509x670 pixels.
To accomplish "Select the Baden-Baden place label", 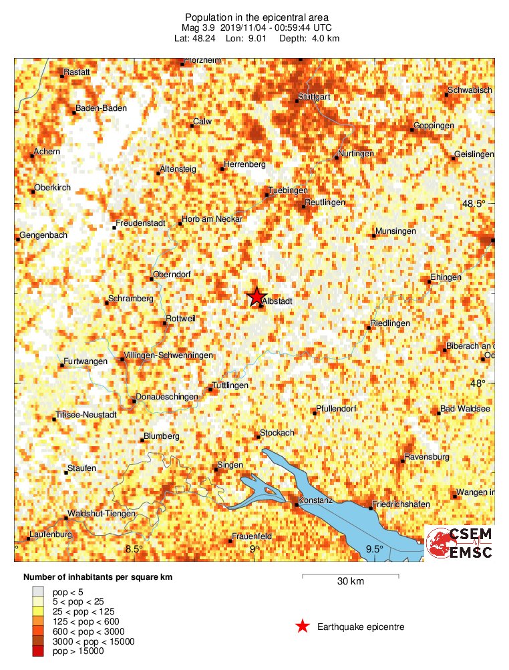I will tap(97, 109).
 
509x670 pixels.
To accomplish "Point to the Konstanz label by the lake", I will tap(317, 500).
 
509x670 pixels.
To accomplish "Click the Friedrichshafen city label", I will tap(401, 504).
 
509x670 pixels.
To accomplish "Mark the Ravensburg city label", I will tap(426, 458).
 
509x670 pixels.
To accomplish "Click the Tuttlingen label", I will tap(230, 386).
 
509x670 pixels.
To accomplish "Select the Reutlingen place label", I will tap(325, 202).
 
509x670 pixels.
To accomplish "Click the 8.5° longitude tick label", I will tap(134, 549).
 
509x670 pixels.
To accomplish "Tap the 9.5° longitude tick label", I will tap(375, 549).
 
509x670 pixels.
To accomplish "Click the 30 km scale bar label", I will tap(350, 582).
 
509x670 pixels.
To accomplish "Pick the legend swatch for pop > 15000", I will tap(41, 651).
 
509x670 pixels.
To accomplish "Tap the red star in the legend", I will tap(303, 627).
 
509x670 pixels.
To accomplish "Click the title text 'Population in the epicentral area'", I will tap(257, 17).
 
